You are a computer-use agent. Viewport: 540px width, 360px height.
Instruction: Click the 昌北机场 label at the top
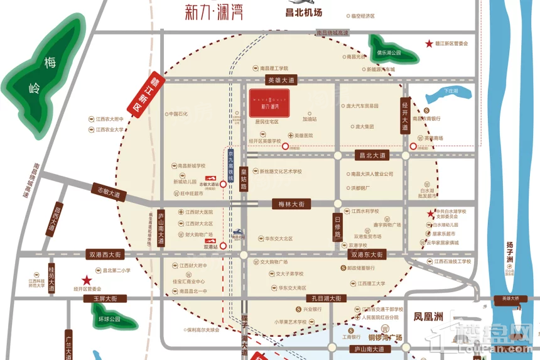(303, 12)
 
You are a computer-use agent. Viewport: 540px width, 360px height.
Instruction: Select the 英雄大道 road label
(281, 80)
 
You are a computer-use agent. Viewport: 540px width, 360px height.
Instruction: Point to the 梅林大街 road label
(291, 204)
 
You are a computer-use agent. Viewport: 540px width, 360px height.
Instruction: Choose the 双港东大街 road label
(367, 254)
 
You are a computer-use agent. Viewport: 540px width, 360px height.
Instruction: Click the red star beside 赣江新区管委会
(429, 43)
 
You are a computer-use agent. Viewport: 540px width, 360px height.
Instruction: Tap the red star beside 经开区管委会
(87, 280)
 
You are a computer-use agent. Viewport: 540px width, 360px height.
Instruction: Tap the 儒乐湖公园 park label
(392, 53)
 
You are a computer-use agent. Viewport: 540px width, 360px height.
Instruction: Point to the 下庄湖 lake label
(451, 91)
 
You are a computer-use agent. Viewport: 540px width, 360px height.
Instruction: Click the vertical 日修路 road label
(337, 225)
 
